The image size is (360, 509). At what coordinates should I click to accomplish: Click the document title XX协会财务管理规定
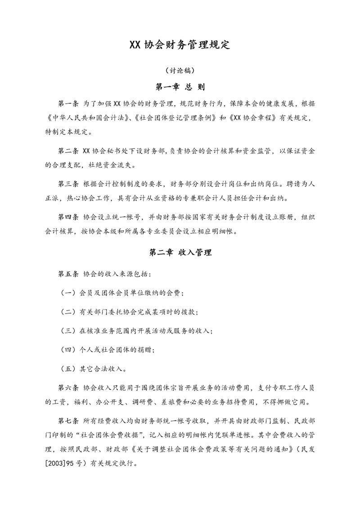pos(180,45)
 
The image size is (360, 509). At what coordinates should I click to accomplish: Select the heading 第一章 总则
pos(180,87)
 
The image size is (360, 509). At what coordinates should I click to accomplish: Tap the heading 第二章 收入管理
pos(180,253)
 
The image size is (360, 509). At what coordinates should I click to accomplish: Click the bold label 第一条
pos(68,104)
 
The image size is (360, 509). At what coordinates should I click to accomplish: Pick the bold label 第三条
pos(68,184)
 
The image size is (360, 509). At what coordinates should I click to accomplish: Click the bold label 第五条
pos(68,274)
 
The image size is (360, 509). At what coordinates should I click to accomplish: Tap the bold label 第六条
pos(68,388)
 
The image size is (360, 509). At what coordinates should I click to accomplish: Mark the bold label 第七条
pos(68,421)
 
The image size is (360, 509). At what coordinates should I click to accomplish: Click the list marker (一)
pos(67,293)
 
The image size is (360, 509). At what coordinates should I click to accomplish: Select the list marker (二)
pos(67,312)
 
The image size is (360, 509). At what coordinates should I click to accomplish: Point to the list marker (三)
pos(67,331)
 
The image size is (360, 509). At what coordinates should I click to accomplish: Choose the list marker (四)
pos(67,350)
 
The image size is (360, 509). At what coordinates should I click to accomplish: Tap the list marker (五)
pos(67,369)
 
